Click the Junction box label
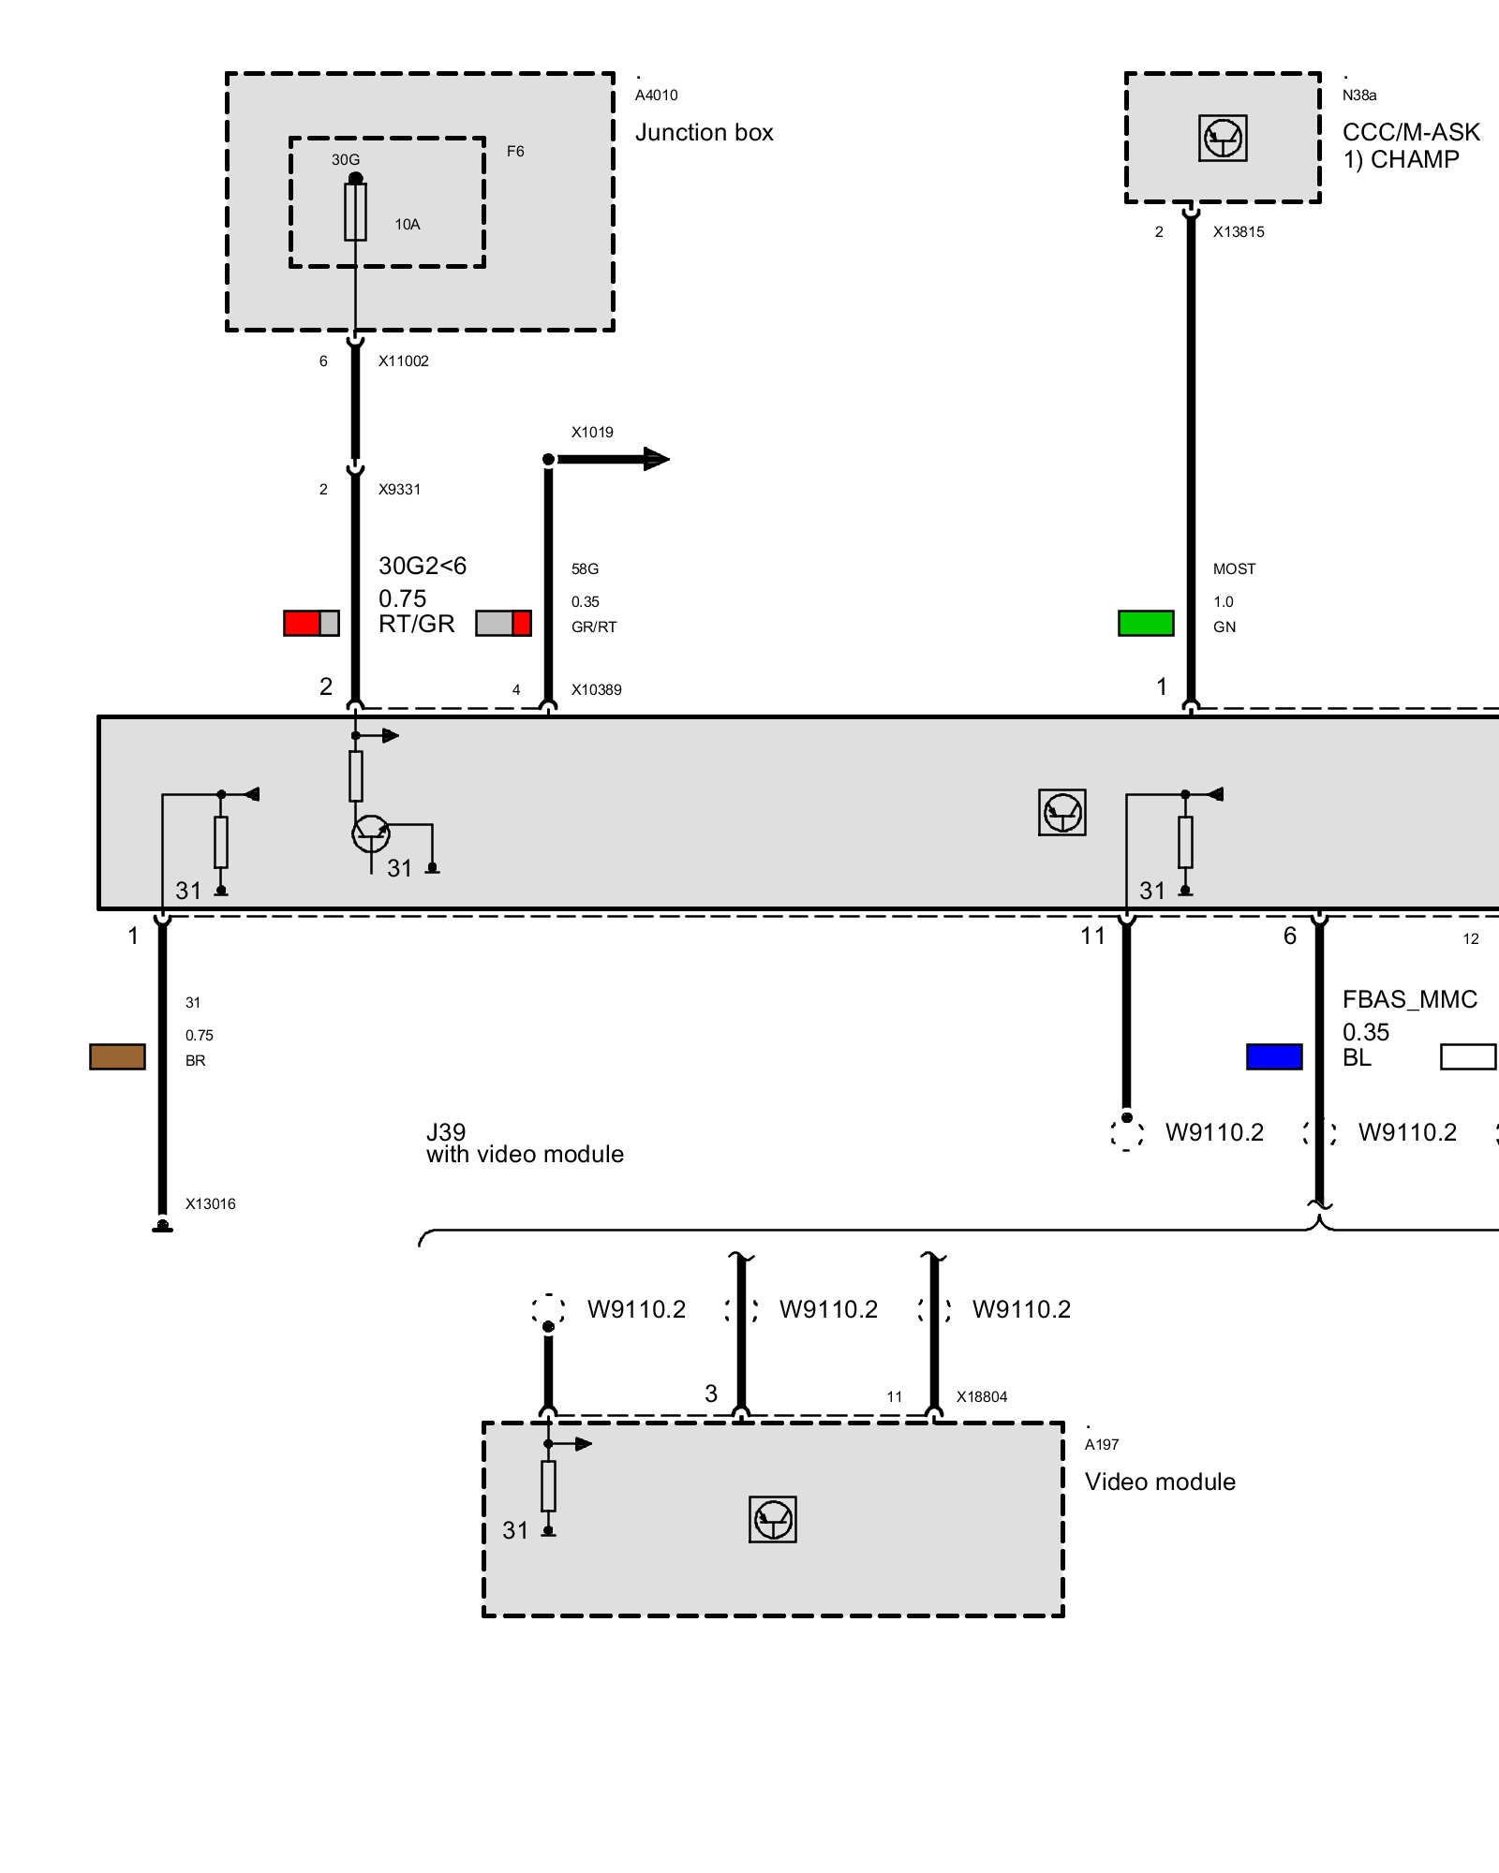(704, 133)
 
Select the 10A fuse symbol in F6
(355, 212)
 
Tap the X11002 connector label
(403, 361)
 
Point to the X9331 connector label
(399, 489)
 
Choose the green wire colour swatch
(1146, 623)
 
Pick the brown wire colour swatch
(117, 1056)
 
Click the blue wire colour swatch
(1274, 1056)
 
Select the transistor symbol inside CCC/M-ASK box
(1223, 139)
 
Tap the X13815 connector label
(1238, 232)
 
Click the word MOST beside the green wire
(1234, 568)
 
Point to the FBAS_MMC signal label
(1409, 999)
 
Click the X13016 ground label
(210, 1204)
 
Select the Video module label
(1160, 1482)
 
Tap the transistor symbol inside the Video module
(773, 1519)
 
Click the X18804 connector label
(981, 1397)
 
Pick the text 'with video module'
(525, 1155)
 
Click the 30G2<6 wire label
(422, 566)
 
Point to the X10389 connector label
(596, 690)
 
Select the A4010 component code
(656, 96)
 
